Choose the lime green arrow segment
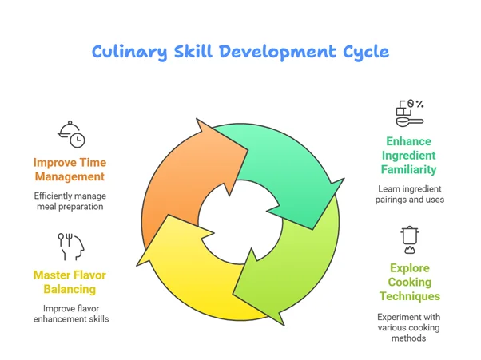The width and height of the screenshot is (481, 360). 304,255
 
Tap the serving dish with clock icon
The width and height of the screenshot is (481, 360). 72,134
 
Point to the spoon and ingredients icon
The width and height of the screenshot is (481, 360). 409,113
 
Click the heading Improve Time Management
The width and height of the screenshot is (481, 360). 69,169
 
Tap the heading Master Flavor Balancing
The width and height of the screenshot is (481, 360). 70,282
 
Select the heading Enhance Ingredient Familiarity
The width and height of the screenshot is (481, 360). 410,155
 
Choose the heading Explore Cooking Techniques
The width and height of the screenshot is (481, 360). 410,282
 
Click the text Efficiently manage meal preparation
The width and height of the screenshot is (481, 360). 69,201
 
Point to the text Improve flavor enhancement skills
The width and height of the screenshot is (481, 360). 70,314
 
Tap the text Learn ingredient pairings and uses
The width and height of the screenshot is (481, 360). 410,194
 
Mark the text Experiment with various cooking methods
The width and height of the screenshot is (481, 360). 410,327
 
